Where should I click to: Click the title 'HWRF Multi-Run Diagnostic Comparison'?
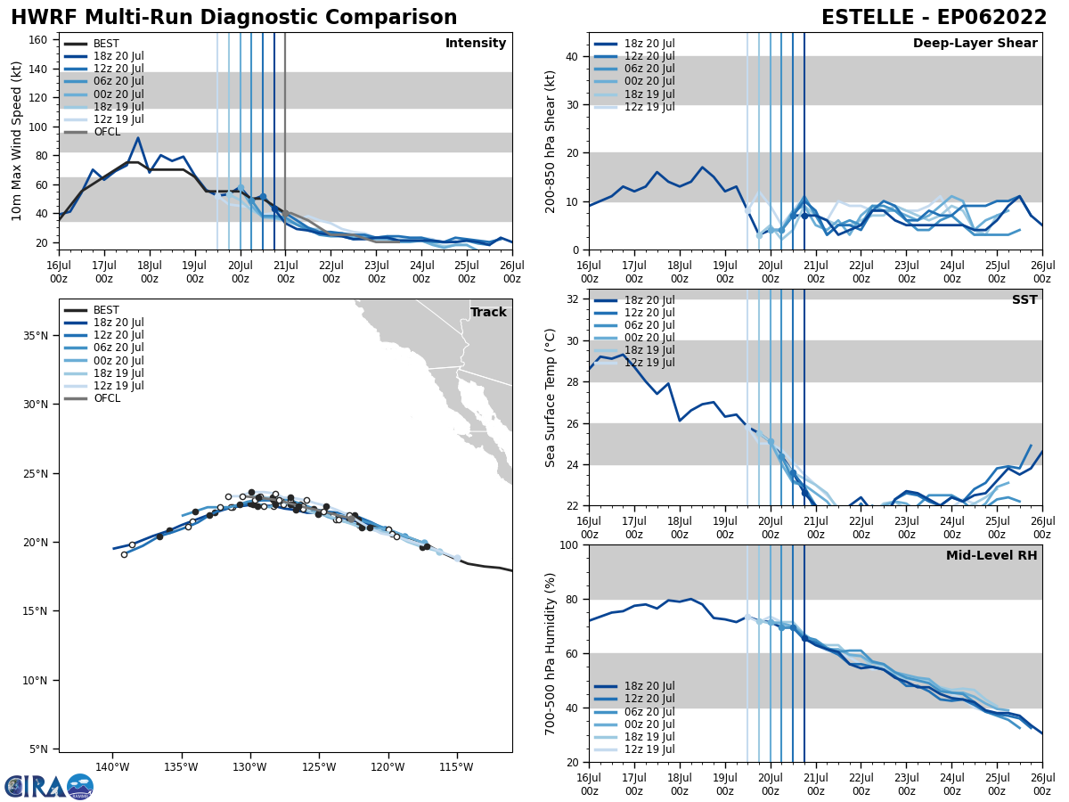(233, 18)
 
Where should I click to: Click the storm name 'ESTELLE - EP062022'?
(934, 18)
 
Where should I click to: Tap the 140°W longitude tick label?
(112, 766)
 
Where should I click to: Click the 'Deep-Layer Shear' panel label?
(975, 44)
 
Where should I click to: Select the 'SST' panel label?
(1024, 300)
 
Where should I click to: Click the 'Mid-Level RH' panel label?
(991, 556)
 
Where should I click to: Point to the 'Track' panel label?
(488, 312)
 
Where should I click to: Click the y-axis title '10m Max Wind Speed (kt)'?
(18, 140)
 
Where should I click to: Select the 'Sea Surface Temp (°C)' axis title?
(551, 397)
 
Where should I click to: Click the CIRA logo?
(48, 786)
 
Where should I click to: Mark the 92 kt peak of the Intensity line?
(138, 138)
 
